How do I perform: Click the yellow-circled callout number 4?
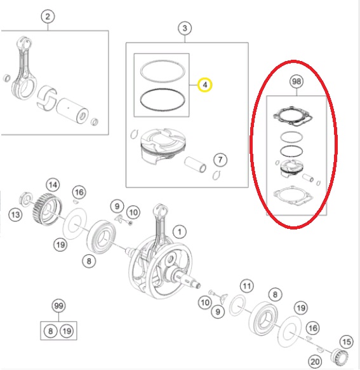(x=204, y=85)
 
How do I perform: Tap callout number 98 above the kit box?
(x=296, y=81)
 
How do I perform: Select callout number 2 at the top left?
(x=48, y=17)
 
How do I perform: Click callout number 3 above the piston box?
(x=185, y=28)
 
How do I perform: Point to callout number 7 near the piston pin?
(x=220, y=160)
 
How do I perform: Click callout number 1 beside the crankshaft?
(x=180, y=231)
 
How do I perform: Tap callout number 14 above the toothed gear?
(x=53, y=185)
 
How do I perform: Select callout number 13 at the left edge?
(x=15, y=215)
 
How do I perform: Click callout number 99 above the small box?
(x=58, y=306)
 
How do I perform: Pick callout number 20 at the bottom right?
(x=315, y=362)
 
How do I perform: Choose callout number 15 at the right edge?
(x=347, y=341)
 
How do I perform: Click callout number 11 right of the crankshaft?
(x=247, y=286)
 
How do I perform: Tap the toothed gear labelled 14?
(x=47, y=208)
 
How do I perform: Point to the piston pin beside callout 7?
(x=196, y=164)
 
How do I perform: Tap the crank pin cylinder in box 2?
(x=72, y=111)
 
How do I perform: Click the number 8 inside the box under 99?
(x=50, y=331)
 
